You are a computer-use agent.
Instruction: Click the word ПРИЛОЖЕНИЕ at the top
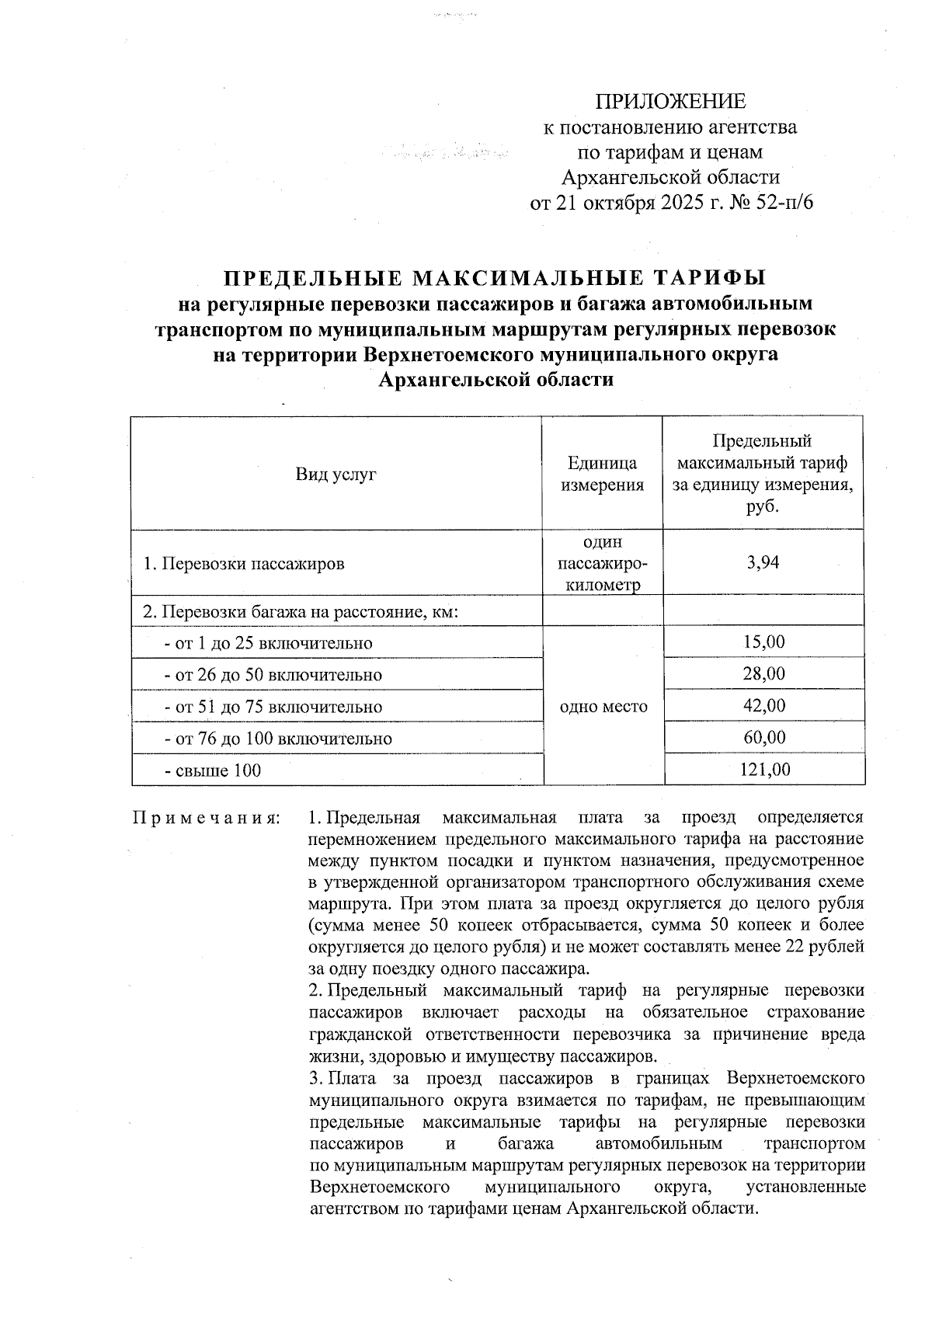670,102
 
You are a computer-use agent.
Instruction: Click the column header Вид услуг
336,474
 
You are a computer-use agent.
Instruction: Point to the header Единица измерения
603,474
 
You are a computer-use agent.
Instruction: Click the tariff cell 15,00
763,642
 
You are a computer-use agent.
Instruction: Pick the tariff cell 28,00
763,674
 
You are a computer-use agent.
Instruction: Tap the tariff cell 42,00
763,706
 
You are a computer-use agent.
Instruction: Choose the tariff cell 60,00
763,738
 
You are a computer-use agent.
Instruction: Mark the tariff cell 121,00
763,770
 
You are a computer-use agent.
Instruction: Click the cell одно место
603,707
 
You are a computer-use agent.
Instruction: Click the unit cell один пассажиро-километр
603,564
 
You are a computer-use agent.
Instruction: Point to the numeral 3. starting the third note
315,1079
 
